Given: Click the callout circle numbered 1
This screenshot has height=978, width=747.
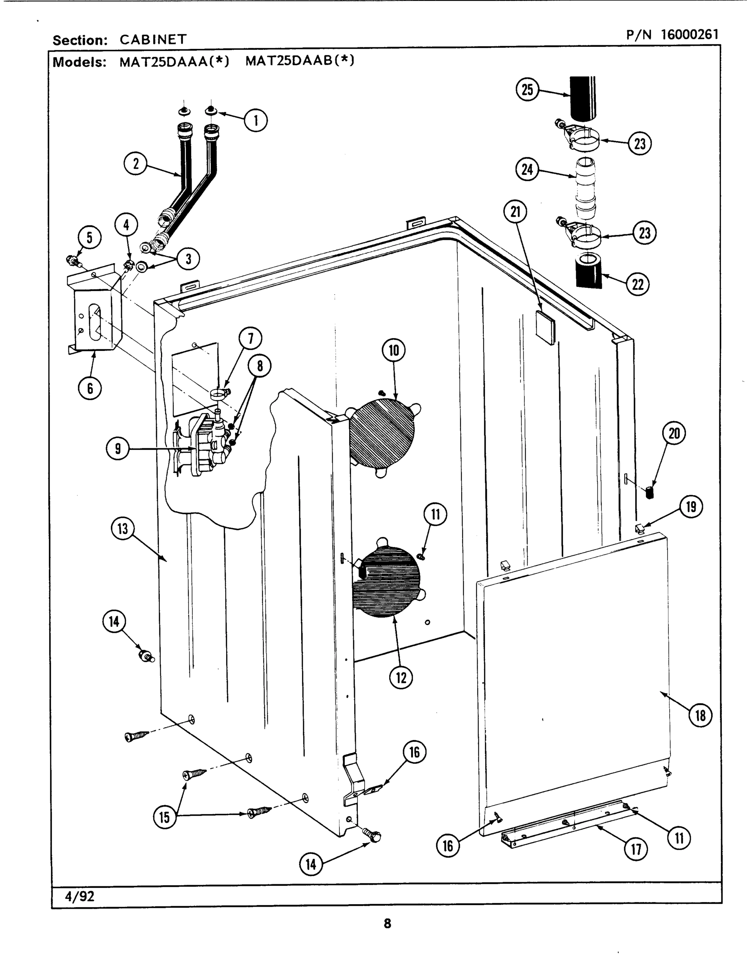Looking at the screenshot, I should (x=256, y=120).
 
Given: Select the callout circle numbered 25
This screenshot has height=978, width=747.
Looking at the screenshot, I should (x=527, y=90).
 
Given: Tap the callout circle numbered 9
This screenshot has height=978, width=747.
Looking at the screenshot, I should (x=117, y=449).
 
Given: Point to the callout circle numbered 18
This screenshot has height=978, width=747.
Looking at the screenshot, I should (x=700, y=715).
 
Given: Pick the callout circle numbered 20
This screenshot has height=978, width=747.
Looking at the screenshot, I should (x=674, y=433).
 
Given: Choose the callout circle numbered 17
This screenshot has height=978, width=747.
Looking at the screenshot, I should (x=636, y=850).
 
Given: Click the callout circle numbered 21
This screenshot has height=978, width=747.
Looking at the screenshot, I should (x=516, y=211).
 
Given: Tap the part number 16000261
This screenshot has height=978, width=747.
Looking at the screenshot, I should (x=689, y=34).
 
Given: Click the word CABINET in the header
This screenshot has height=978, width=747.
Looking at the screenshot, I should (x=153, y=40).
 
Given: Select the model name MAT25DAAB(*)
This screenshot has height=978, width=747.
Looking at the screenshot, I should (x=300, y=60).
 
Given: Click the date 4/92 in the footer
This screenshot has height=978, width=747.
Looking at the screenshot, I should (x=79, y=896).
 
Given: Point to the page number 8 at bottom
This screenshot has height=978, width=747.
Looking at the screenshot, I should (x=387, y=924).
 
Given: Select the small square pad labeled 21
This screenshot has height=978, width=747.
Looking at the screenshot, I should (x=545, y=328).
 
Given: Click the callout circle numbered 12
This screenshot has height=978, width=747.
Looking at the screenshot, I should (x=401, y=678).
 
